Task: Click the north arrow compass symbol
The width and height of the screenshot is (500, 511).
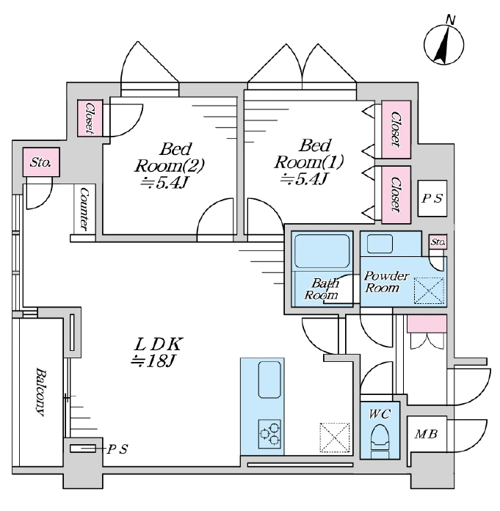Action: (443, 45)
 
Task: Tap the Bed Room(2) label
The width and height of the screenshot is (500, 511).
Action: (169, 158)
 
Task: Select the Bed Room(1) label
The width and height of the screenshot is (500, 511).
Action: (309, 154)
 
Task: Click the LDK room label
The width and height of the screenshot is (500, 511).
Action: (159, 344)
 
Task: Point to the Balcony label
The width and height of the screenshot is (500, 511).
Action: (40, 392)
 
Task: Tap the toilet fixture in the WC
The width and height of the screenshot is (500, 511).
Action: (380, 438)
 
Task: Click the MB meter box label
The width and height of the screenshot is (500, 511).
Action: (426, 434)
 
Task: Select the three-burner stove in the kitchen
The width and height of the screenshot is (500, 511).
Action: (269, 433)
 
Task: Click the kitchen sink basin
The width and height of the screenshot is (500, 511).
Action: (269, 380)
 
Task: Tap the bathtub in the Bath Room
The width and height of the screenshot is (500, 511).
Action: (322, 251)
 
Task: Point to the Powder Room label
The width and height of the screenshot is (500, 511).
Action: (385, 282)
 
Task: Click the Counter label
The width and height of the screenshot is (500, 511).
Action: (84, 209)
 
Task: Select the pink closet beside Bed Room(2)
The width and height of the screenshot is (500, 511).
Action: (90, 118)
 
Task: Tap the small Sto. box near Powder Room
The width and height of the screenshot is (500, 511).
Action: (438, 242)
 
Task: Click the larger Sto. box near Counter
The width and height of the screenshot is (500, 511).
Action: (41, 162)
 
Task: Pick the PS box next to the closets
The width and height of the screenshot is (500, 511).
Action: (432, 198)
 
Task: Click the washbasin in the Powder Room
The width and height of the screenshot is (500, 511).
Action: (380, 244)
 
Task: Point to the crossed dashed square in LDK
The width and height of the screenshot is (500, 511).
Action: (335, 438)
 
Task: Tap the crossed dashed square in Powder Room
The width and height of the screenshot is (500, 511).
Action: (429, 291)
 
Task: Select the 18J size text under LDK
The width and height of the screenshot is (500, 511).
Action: (153, 360)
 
